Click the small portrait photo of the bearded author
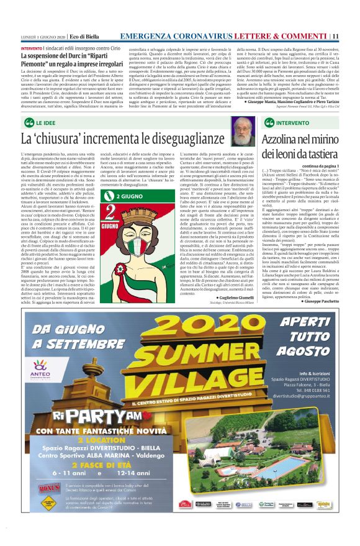pos(243,129)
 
